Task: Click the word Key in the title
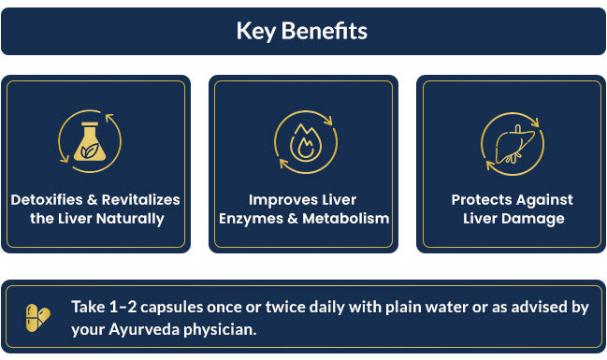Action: (255, 32)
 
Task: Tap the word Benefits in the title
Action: (325, 31)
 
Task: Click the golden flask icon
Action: (90, 141)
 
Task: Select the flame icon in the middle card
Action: (306, 142)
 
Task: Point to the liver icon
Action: (513, 144)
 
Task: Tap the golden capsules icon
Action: (38, 318)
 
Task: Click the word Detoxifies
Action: (47, 200)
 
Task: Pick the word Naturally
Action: (130, 219)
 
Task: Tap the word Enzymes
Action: (252, 219)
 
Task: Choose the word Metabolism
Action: (346, 218)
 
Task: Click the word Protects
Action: (482, 200)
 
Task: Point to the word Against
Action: (544, 200)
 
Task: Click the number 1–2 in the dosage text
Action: (123, 308)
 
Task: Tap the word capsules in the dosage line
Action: (171, 308)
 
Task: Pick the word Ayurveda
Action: (144, 330)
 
